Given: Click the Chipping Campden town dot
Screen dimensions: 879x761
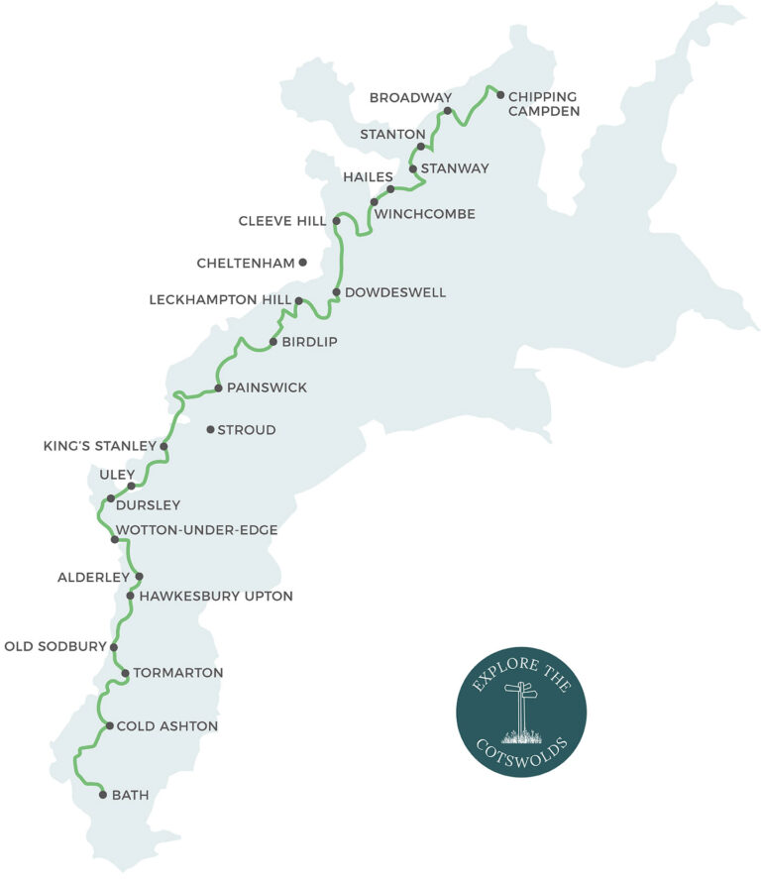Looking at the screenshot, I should click(x=500, y=95).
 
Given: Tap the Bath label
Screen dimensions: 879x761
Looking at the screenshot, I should click(x=131, y=795).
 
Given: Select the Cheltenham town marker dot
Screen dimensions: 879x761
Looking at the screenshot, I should click(x=303, y=263).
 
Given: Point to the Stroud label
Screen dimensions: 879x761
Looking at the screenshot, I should click(x=246, y=430).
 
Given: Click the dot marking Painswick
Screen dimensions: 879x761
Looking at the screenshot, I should click(x=218, y=387).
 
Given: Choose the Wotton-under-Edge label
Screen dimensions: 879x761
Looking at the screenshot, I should click(x=196, y=530).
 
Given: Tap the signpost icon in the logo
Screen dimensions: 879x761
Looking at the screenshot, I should click(x=520, y=711).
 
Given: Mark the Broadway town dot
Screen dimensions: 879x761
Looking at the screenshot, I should click(x=448, y=111).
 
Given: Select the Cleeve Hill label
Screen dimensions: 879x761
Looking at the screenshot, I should click(x=282, y=220).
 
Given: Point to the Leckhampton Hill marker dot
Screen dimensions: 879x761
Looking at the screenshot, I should click(x=298, y=300).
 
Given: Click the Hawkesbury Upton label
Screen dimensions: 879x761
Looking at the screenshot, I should click(x=216, y=597).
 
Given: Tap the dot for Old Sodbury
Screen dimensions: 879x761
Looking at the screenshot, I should click(x=114, y=647).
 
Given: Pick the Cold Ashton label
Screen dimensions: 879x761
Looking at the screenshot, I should click(x=166, y=726).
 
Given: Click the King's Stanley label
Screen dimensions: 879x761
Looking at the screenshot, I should click(x=100, y=446).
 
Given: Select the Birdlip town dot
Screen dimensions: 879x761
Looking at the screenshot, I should click(x=272, y=342).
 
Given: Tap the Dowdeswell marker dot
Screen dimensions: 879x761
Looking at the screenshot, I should click(x=337, y=292).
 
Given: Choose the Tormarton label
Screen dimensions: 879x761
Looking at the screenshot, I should click(x=178, y=673).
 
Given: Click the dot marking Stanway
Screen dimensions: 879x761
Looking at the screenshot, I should click(x=413, y=168).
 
